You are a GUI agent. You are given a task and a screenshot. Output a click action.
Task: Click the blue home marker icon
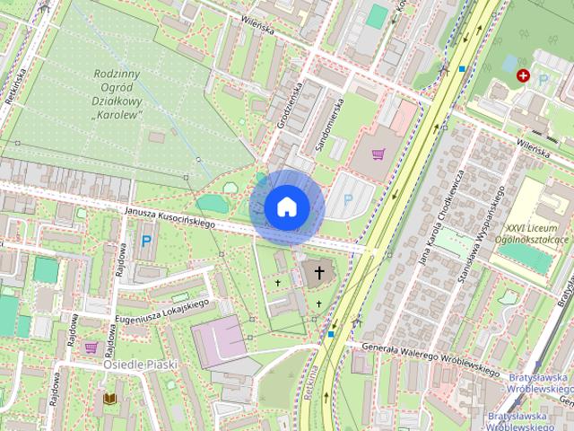tap(286, 207)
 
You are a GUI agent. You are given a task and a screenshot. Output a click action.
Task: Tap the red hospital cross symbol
tap(522, 77)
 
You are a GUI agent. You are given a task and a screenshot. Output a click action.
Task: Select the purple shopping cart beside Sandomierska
tap(378, 154)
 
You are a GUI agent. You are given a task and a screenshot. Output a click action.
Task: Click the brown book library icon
tap(110, 398)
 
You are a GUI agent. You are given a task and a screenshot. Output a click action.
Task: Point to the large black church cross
tap(319, 273)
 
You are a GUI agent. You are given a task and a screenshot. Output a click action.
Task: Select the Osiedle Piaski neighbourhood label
tap(139, 365)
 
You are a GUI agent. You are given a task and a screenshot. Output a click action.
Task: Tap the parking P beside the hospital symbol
tap(544, 80)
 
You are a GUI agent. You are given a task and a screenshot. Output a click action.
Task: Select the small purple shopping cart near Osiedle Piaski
tap(91, 347)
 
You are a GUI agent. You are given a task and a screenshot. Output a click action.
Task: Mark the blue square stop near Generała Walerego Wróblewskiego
tap(331, 335)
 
